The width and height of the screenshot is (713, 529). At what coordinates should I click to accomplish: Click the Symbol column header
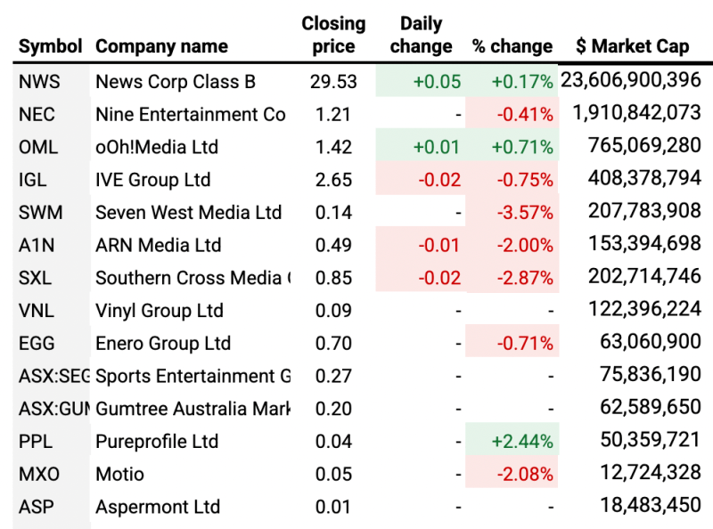[x=50, y=46]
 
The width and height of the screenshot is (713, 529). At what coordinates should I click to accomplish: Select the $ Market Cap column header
[x=632, y=46]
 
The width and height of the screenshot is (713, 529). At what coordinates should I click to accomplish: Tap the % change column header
[x=512, y=46]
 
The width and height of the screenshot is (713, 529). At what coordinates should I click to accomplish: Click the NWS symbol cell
[x=39, y=82]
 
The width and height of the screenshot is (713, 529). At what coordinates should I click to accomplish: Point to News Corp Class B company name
[x=176, y=82]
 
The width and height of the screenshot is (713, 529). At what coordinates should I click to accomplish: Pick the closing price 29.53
[x=333, y=82]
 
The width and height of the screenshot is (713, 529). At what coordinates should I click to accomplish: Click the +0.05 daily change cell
[x=437, y=82]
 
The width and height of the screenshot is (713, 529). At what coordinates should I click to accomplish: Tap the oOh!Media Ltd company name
[x=157, y=147]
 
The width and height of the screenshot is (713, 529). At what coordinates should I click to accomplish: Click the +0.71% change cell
[x=522, y=147]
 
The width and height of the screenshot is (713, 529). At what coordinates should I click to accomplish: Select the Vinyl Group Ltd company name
[x=160, y=311]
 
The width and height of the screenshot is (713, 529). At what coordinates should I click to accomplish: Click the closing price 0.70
[x=334, y=344]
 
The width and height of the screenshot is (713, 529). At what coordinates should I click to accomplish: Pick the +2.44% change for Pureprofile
[x=521, y=442]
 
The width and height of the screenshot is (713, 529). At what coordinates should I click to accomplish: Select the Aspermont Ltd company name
[x=158, y=507]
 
